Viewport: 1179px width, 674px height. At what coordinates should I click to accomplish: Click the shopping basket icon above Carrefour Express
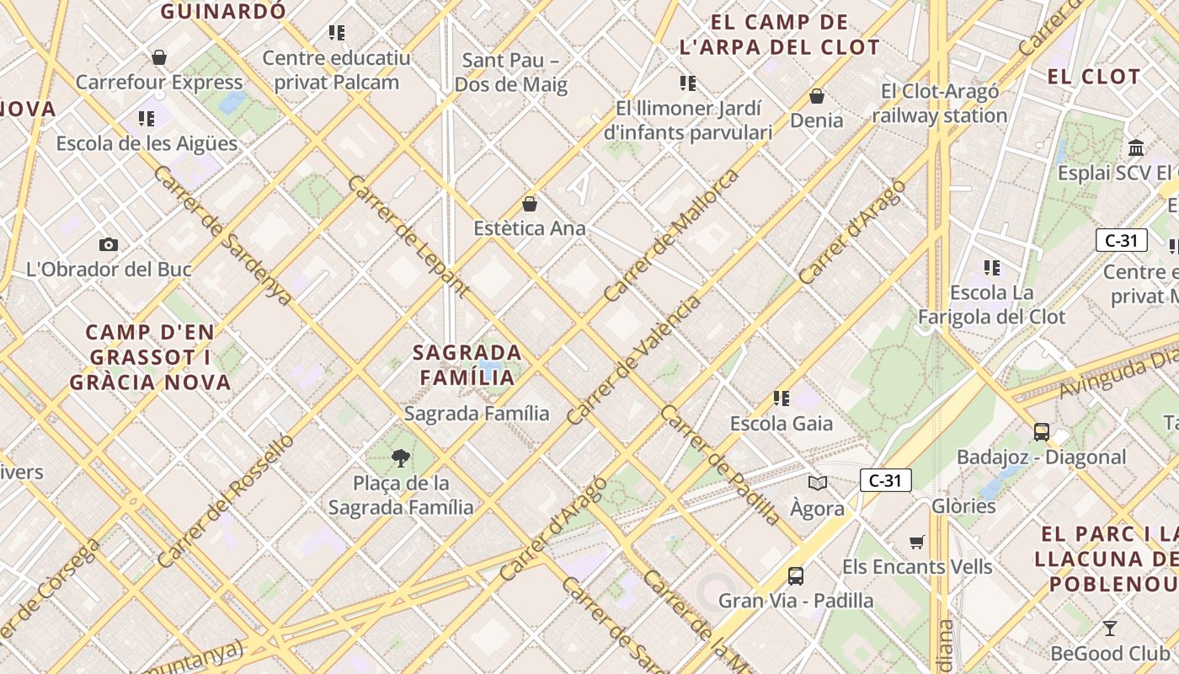[159, 57]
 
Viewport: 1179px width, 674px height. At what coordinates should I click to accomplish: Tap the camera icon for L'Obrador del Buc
[109, 244]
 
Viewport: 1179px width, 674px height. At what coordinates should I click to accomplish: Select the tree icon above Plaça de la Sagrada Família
[401, 458]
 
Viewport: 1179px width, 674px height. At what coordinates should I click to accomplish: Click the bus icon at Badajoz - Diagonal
[1042, 432]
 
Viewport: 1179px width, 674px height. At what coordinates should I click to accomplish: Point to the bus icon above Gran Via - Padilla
[796, 576]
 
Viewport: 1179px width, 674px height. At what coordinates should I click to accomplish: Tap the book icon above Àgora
[817, 483]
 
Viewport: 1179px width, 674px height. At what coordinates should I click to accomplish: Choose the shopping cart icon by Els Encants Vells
[917, 542]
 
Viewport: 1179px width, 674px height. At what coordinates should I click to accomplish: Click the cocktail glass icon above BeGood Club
[1110, 629]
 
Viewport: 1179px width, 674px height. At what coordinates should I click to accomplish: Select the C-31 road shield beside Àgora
[885, 481]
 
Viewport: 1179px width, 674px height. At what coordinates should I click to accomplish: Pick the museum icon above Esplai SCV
[1136, 147]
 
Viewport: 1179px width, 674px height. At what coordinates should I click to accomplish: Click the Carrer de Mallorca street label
[671, 235]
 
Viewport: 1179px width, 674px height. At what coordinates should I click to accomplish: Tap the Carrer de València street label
[633, 360]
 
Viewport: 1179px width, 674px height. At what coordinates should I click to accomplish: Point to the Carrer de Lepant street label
[408, 236]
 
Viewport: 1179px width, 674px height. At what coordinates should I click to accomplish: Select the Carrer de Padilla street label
[720, 465]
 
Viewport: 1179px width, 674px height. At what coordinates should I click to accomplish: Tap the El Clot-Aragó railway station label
[940, 104]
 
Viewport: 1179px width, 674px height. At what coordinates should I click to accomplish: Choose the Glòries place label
[963, 506]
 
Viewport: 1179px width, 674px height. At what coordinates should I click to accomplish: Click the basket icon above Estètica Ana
[530, 204]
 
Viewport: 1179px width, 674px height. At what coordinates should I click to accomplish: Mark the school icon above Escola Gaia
[782, 399]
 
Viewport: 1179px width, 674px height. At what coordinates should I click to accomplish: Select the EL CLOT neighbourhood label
[1093, 77]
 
